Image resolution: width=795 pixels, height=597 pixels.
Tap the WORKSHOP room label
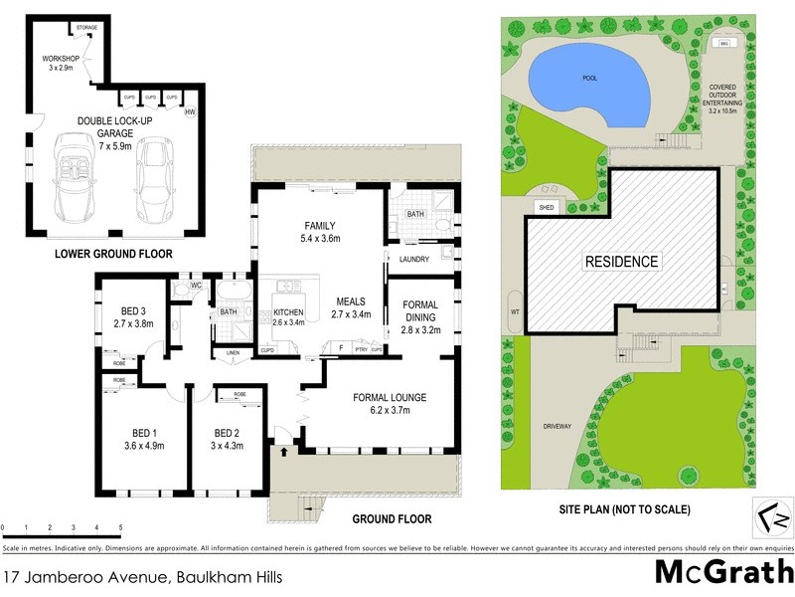coord(60,60)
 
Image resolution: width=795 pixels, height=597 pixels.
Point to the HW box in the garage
coord(190,112)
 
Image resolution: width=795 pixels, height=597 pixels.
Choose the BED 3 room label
coord(132,310)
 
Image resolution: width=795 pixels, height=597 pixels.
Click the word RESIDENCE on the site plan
coord(621,262)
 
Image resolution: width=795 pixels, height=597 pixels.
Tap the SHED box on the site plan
coord(546,207)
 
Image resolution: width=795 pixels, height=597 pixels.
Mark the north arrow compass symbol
coord(772,516)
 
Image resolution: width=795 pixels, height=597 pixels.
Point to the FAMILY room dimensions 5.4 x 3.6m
coord(320,240)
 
